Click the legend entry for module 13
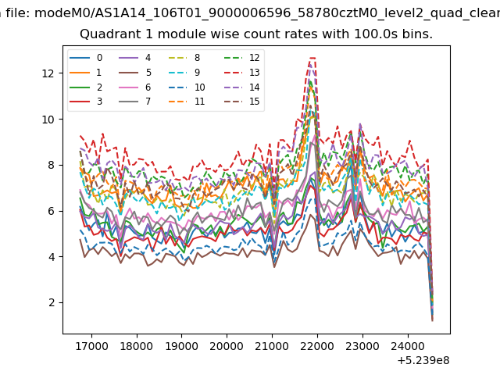(244, 73)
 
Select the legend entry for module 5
(135, 73)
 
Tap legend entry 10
(187, 87)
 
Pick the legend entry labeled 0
(86, 58)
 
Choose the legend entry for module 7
(135, 102)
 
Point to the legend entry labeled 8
(184, 58)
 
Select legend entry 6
(135, 87)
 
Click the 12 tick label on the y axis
(48, 73)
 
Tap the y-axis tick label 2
(52, 302)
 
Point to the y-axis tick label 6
(52, 211)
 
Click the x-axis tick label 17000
(91, 346)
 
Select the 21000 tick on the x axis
(272, 346)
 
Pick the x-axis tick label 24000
(408, 346)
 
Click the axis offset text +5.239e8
(423, 360)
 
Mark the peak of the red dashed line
(312, 58)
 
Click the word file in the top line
(19, 13)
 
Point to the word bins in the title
(416, 34)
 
